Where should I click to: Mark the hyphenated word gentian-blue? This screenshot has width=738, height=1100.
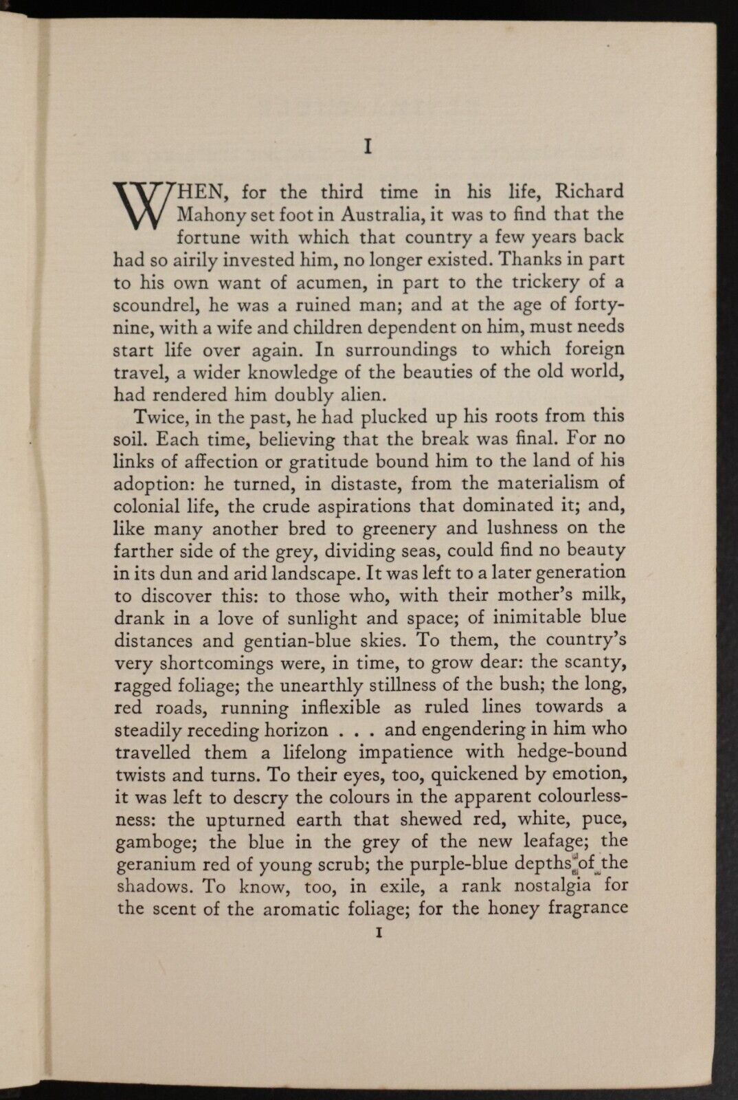[x=297, y=640]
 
